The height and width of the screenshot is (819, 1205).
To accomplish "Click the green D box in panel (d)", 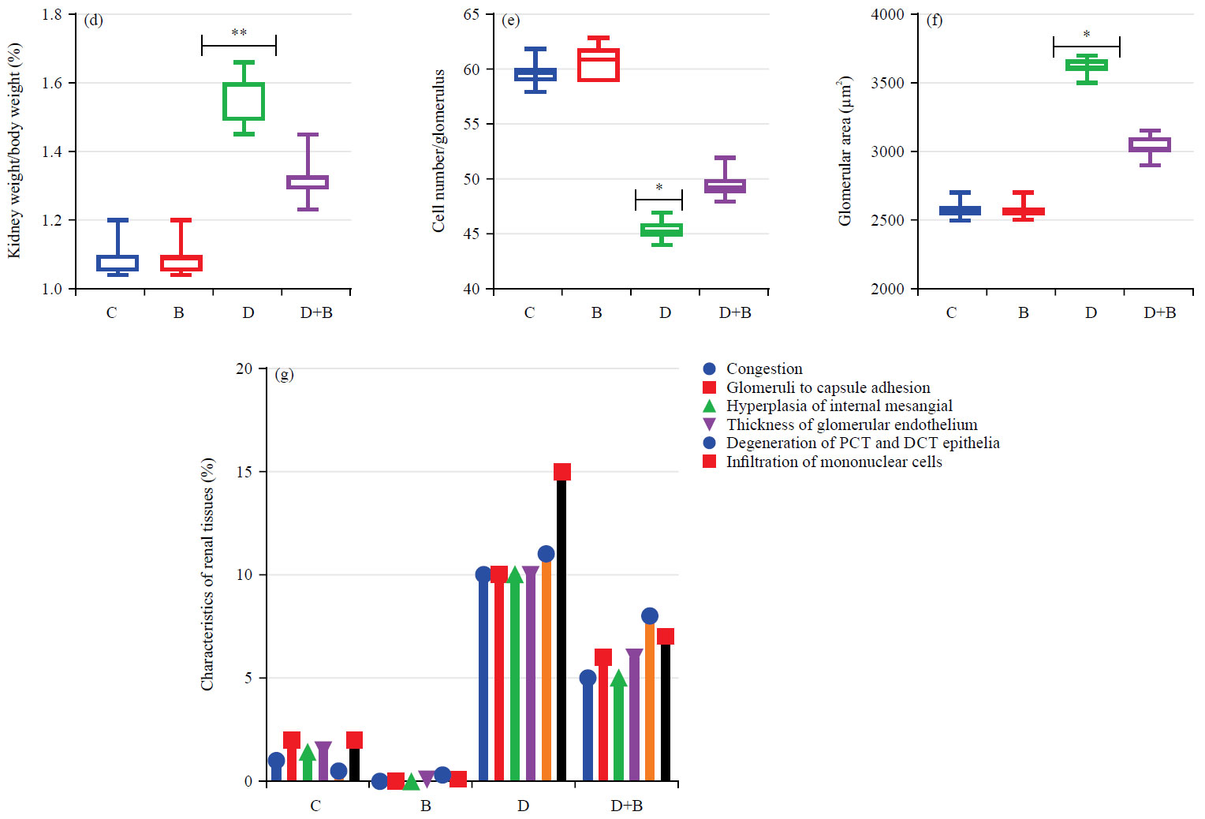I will point(244,101).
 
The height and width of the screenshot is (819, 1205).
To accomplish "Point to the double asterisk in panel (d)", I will point(239,33).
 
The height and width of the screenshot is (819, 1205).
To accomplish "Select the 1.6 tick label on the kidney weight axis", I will point(52,83).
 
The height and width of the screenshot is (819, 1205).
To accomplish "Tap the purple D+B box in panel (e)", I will point(725,186).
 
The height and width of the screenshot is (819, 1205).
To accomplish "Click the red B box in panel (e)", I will point(598,65).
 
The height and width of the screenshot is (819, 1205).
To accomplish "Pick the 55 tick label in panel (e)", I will point(472,124).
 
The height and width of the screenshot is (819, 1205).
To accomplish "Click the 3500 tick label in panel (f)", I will point(887,83).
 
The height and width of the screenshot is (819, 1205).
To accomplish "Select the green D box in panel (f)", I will point(1087,65).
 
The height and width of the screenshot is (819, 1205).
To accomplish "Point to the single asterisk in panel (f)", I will point(1087,35).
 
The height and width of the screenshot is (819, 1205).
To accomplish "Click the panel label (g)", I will point(284,374).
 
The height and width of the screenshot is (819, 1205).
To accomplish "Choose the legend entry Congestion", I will point(763,368).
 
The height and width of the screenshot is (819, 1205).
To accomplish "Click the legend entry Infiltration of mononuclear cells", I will point(834,462).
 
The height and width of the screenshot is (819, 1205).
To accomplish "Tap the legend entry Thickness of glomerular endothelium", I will point(851,424).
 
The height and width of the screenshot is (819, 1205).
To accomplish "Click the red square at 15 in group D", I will point(561,472).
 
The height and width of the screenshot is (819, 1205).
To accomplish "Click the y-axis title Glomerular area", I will point(845,151).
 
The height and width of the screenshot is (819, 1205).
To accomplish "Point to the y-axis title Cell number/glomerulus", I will point(438,151).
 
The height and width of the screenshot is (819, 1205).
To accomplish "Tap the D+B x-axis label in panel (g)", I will point(626,806).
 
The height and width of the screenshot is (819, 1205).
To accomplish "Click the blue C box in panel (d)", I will point(118,263).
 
